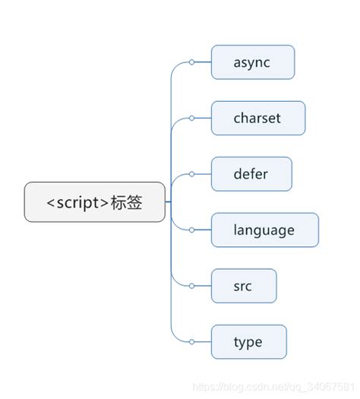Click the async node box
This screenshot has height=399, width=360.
252,62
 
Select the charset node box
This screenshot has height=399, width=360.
257,118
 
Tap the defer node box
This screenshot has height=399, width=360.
251,174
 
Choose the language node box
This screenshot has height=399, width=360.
264,230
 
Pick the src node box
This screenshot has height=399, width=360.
243,286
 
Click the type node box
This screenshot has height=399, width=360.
248,342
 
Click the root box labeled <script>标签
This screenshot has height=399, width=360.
94,202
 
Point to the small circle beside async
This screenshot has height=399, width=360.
192,62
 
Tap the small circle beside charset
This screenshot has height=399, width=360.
192,118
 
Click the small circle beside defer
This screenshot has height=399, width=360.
192,174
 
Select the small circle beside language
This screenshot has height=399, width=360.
192,230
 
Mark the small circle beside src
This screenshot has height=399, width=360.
192,286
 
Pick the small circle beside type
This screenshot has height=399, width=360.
192,342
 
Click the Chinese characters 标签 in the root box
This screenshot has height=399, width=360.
127,203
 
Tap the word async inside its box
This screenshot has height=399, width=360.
252,62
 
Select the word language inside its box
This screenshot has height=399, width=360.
264,230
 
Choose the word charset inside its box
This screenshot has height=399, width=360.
257,118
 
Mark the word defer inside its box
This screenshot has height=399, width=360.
251,174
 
